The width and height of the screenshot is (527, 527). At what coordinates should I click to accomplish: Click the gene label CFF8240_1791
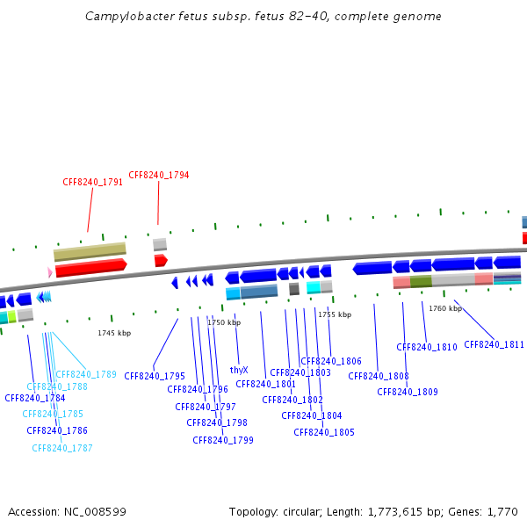[x=92, y=183]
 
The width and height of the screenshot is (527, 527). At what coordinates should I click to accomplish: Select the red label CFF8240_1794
[x=158, y=175]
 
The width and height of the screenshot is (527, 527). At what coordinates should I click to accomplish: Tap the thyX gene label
[x=239, y=371]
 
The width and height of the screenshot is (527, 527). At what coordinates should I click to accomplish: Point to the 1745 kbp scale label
[x=114, y=333]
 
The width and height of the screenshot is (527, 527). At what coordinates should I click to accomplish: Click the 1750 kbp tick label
[x=223, y=322]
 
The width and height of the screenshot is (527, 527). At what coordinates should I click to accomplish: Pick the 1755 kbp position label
[x=334, y=314]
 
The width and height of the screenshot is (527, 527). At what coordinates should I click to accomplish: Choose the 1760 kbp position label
[x=444, y=308]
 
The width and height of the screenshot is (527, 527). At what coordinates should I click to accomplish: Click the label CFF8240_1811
[x=494, y=344]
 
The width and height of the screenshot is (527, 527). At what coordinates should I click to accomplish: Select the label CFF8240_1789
[x=86, y=374]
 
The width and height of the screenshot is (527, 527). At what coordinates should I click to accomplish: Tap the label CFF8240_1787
[x=62, y=448]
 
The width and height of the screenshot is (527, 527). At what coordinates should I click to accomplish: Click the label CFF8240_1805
[x=324, y=432]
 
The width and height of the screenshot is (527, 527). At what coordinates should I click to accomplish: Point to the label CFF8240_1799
[x=223, y=440]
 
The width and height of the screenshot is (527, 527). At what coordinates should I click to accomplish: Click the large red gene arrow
[x=90, y=266]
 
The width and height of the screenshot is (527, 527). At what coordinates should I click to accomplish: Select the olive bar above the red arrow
[x=90, y=252]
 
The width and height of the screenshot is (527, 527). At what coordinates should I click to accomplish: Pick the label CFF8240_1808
[x=379, y=376]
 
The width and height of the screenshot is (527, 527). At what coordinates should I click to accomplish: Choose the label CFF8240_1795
[x=155, y=376]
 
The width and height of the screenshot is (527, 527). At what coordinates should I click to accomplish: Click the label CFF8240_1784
[x=35, y=398]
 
